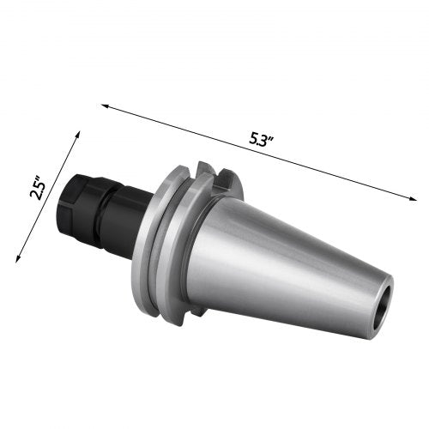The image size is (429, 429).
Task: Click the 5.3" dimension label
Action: click(262, 140)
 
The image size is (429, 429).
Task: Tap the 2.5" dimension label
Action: click(38, 190)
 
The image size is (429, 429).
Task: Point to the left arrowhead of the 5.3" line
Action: click(105, 106)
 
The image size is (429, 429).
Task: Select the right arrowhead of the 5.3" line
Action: click(414, 199)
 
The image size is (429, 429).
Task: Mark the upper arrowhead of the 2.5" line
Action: click(78, 134)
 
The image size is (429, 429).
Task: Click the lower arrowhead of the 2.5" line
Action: click(18, 258)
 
